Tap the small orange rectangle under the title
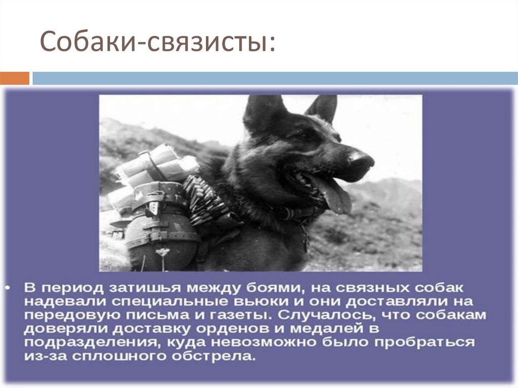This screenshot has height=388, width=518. coord(15,78)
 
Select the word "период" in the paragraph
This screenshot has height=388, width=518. coord(79,288)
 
